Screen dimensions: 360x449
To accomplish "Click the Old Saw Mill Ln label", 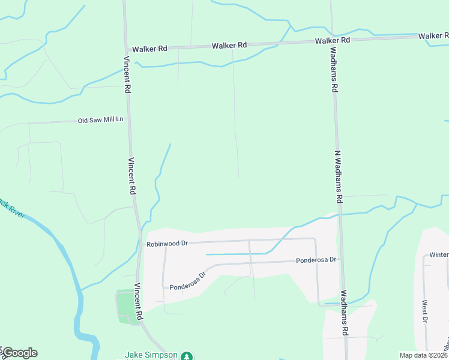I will click(100, 120).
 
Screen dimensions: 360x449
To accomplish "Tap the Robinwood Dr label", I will click(167, 244).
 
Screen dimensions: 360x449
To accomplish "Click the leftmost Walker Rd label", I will click(149, 49).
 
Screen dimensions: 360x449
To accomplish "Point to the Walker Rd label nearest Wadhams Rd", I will click(333, 40).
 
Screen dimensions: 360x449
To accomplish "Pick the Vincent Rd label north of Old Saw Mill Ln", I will click(127, 74).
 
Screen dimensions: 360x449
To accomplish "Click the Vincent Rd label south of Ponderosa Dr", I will click(138, 301).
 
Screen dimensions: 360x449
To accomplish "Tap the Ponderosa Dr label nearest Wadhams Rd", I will click(317, 260).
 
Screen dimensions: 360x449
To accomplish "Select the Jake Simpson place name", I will click(151, 355).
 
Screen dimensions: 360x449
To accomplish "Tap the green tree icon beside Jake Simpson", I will click(187, 356).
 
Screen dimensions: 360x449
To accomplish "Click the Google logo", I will click(20, 353).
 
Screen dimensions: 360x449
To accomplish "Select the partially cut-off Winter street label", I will click(439, 254).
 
